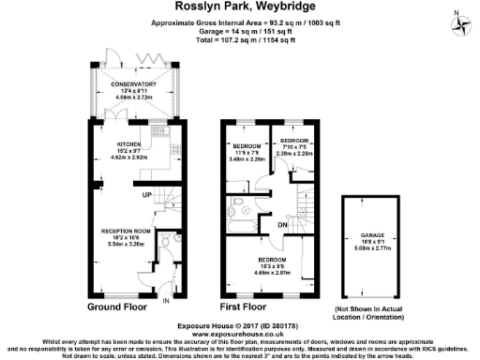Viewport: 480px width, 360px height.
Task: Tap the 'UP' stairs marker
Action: pos(147,194)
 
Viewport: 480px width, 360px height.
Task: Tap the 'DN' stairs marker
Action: pos(282,224)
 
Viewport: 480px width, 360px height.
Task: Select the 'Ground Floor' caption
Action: pos(119,307)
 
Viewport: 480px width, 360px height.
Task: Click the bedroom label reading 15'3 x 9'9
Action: pos(273,264)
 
